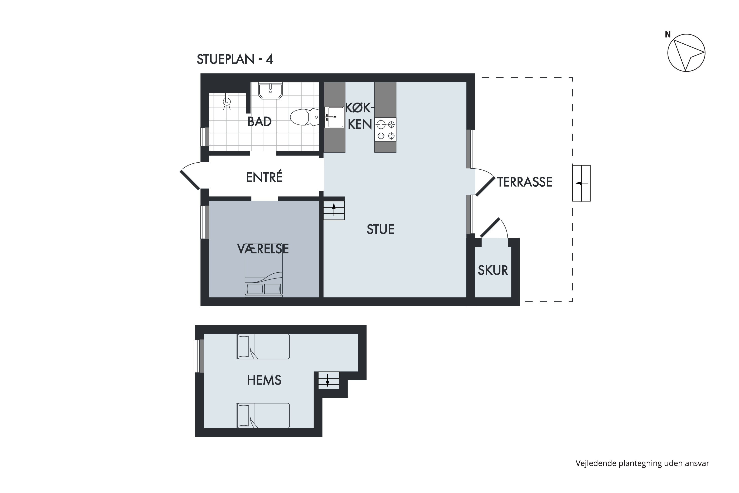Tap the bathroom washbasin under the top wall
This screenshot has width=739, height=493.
click(270, 90)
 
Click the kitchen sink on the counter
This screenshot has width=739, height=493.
click(334, 117)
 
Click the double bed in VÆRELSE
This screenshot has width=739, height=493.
click(264, 274)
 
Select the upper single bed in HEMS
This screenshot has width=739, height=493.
click(263, 347)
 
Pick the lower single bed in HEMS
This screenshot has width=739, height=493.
click(263, 416)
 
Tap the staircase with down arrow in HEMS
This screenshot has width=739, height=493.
click(329, 380)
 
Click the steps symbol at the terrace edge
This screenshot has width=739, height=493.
click(581, 183)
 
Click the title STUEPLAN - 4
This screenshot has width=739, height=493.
click(235, 59)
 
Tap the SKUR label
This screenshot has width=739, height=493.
click(493, 270)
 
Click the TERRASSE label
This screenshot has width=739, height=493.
click(524, 182)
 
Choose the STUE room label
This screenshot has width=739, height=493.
click(380, 229)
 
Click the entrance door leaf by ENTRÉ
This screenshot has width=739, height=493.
click(190, 180)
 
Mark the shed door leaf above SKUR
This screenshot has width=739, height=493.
click(490, 227)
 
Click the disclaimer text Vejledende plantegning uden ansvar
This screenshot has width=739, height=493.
click(642, 463)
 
